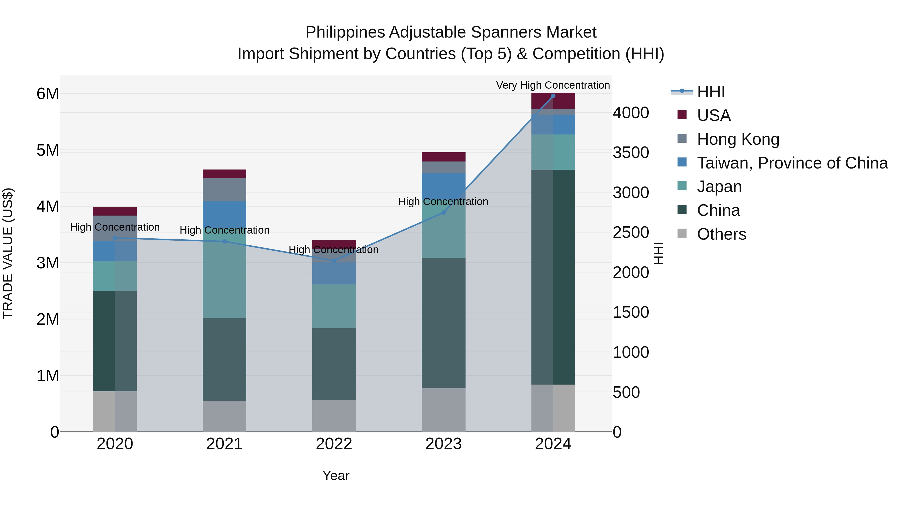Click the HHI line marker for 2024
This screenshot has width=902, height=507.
point(553,96)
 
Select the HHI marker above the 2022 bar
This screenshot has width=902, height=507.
point(334,261)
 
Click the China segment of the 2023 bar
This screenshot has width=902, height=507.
point(443,323)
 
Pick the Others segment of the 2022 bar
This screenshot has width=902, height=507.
point(334,415)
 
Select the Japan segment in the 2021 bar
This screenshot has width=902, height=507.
point(224,280)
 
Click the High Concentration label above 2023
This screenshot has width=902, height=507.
point(443,202)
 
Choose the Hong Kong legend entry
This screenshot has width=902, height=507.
point(738,139)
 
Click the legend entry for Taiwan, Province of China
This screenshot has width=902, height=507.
point(792,163)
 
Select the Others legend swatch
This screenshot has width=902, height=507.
point(682,233)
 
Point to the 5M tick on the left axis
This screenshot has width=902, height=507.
point(48,150)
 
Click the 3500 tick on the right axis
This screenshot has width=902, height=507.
point(631,152)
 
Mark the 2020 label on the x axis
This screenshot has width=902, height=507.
point(115,444)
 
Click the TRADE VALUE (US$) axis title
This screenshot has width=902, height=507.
point(8,253)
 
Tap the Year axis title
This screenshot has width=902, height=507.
point(335,475)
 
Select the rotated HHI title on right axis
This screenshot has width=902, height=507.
point(658,253)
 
